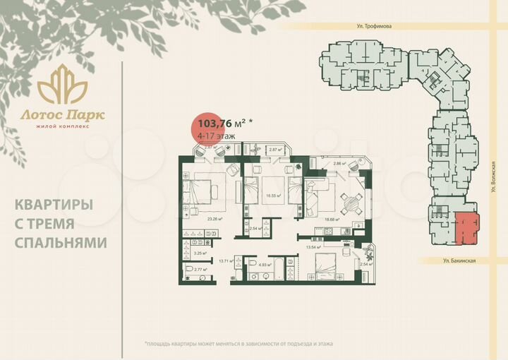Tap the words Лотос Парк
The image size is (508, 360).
(62, 114)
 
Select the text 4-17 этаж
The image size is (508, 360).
(217, 135)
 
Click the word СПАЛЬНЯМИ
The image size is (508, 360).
(61, 242)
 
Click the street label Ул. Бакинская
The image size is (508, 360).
(460, 260)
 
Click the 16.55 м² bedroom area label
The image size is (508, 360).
(273, 196)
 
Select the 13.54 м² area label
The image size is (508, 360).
(314, 248)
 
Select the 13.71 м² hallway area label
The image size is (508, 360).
(226, 261)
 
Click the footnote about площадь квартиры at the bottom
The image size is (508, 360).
(238, 343)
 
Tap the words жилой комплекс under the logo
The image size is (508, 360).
(62, 126)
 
